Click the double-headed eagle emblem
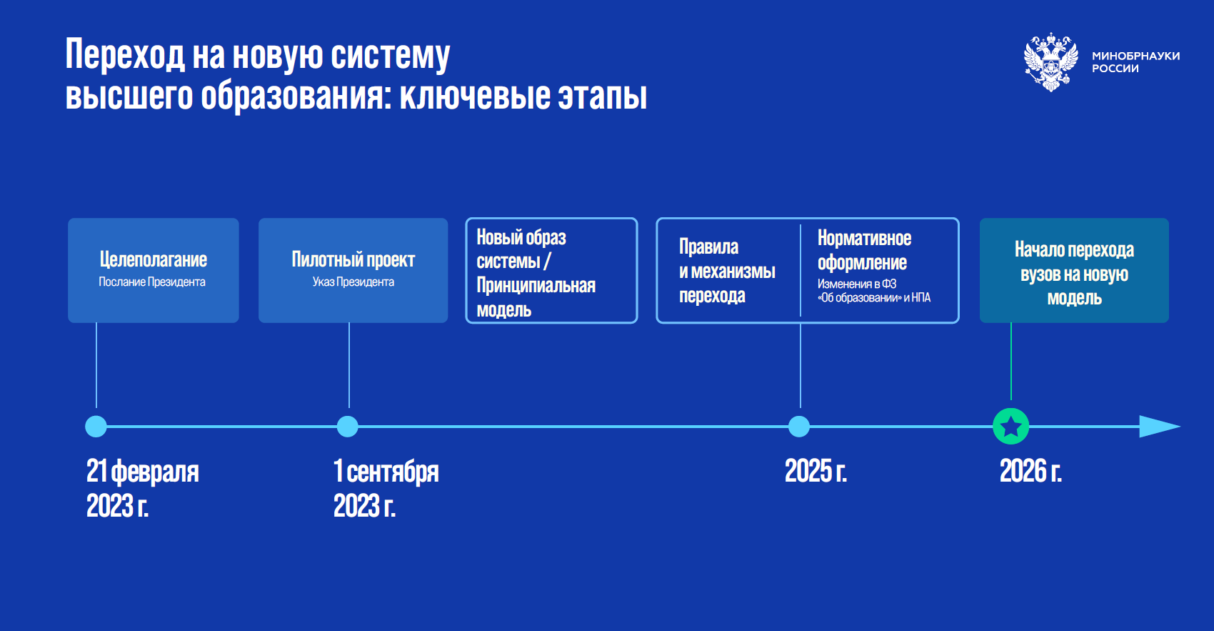tap(1051, 62)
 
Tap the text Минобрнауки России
tap(1135, 62)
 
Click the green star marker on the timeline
tap(1010, 427)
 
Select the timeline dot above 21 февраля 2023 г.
tap(96, 427)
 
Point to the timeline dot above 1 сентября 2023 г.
tap(347, 427)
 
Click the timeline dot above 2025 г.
tap(799, 427)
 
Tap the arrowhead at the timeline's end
tap(1160, 427)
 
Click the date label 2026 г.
tap(1030, 471)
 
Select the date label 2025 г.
tap(816, 471)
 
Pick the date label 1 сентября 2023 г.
tap(386, 488)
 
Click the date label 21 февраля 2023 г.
tap(143, 488)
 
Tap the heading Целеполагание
tap(154, 259)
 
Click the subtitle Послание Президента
tap(151, 282)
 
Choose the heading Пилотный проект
tap(353, 259)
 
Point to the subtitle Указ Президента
tap(353, 282)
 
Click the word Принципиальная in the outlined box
tap(536, 285)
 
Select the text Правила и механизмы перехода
tap(727, 271)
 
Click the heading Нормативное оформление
tap(864, 250)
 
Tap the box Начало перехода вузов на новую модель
tap(1074, 270)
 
